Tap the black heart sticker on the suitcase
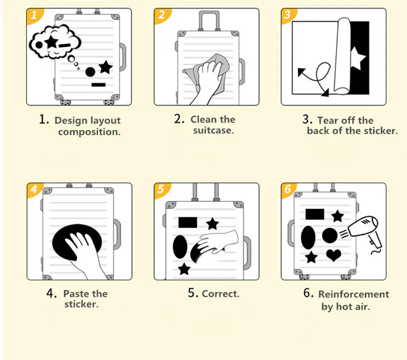click(x=333, y=255)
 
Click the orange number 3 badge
click(x=288, y=15)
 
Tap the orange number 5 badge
click(x=161, y=190)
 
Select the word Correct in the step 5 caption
click(x=220, y=294)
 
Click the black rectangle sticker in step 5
click(x=188, y=223)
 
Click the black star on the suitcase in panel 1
click(x=105, y=67)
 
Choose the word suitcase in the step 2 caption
click(x=213, y=131)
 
